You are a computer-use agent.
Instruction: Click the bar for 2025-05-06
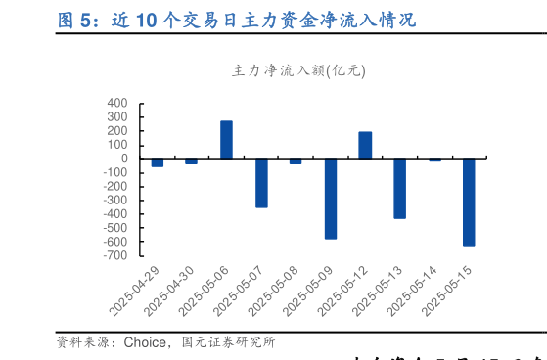tap(226, 140)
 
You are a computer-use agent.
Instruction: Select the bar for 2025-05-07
tap(261, 183)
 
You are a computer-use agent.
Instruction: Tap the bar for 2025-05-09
tap(331, 199)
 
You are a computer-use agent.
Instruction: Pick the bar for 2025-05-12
tap(365, 145)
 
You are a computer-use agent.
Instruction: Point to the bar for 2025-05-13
tap(399, 188)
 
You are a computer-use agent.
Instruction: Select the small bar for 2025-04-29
tap(158, 162)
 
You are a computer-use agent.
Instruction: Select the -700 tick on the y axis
tap(114, 255)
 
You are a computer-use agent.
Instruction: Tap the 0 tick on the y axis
tap(124, 158)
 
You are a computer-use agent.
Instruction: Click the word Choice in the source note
tap(144, 342)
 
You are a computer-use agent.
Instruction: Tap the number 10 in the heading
tap(147, 19)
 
